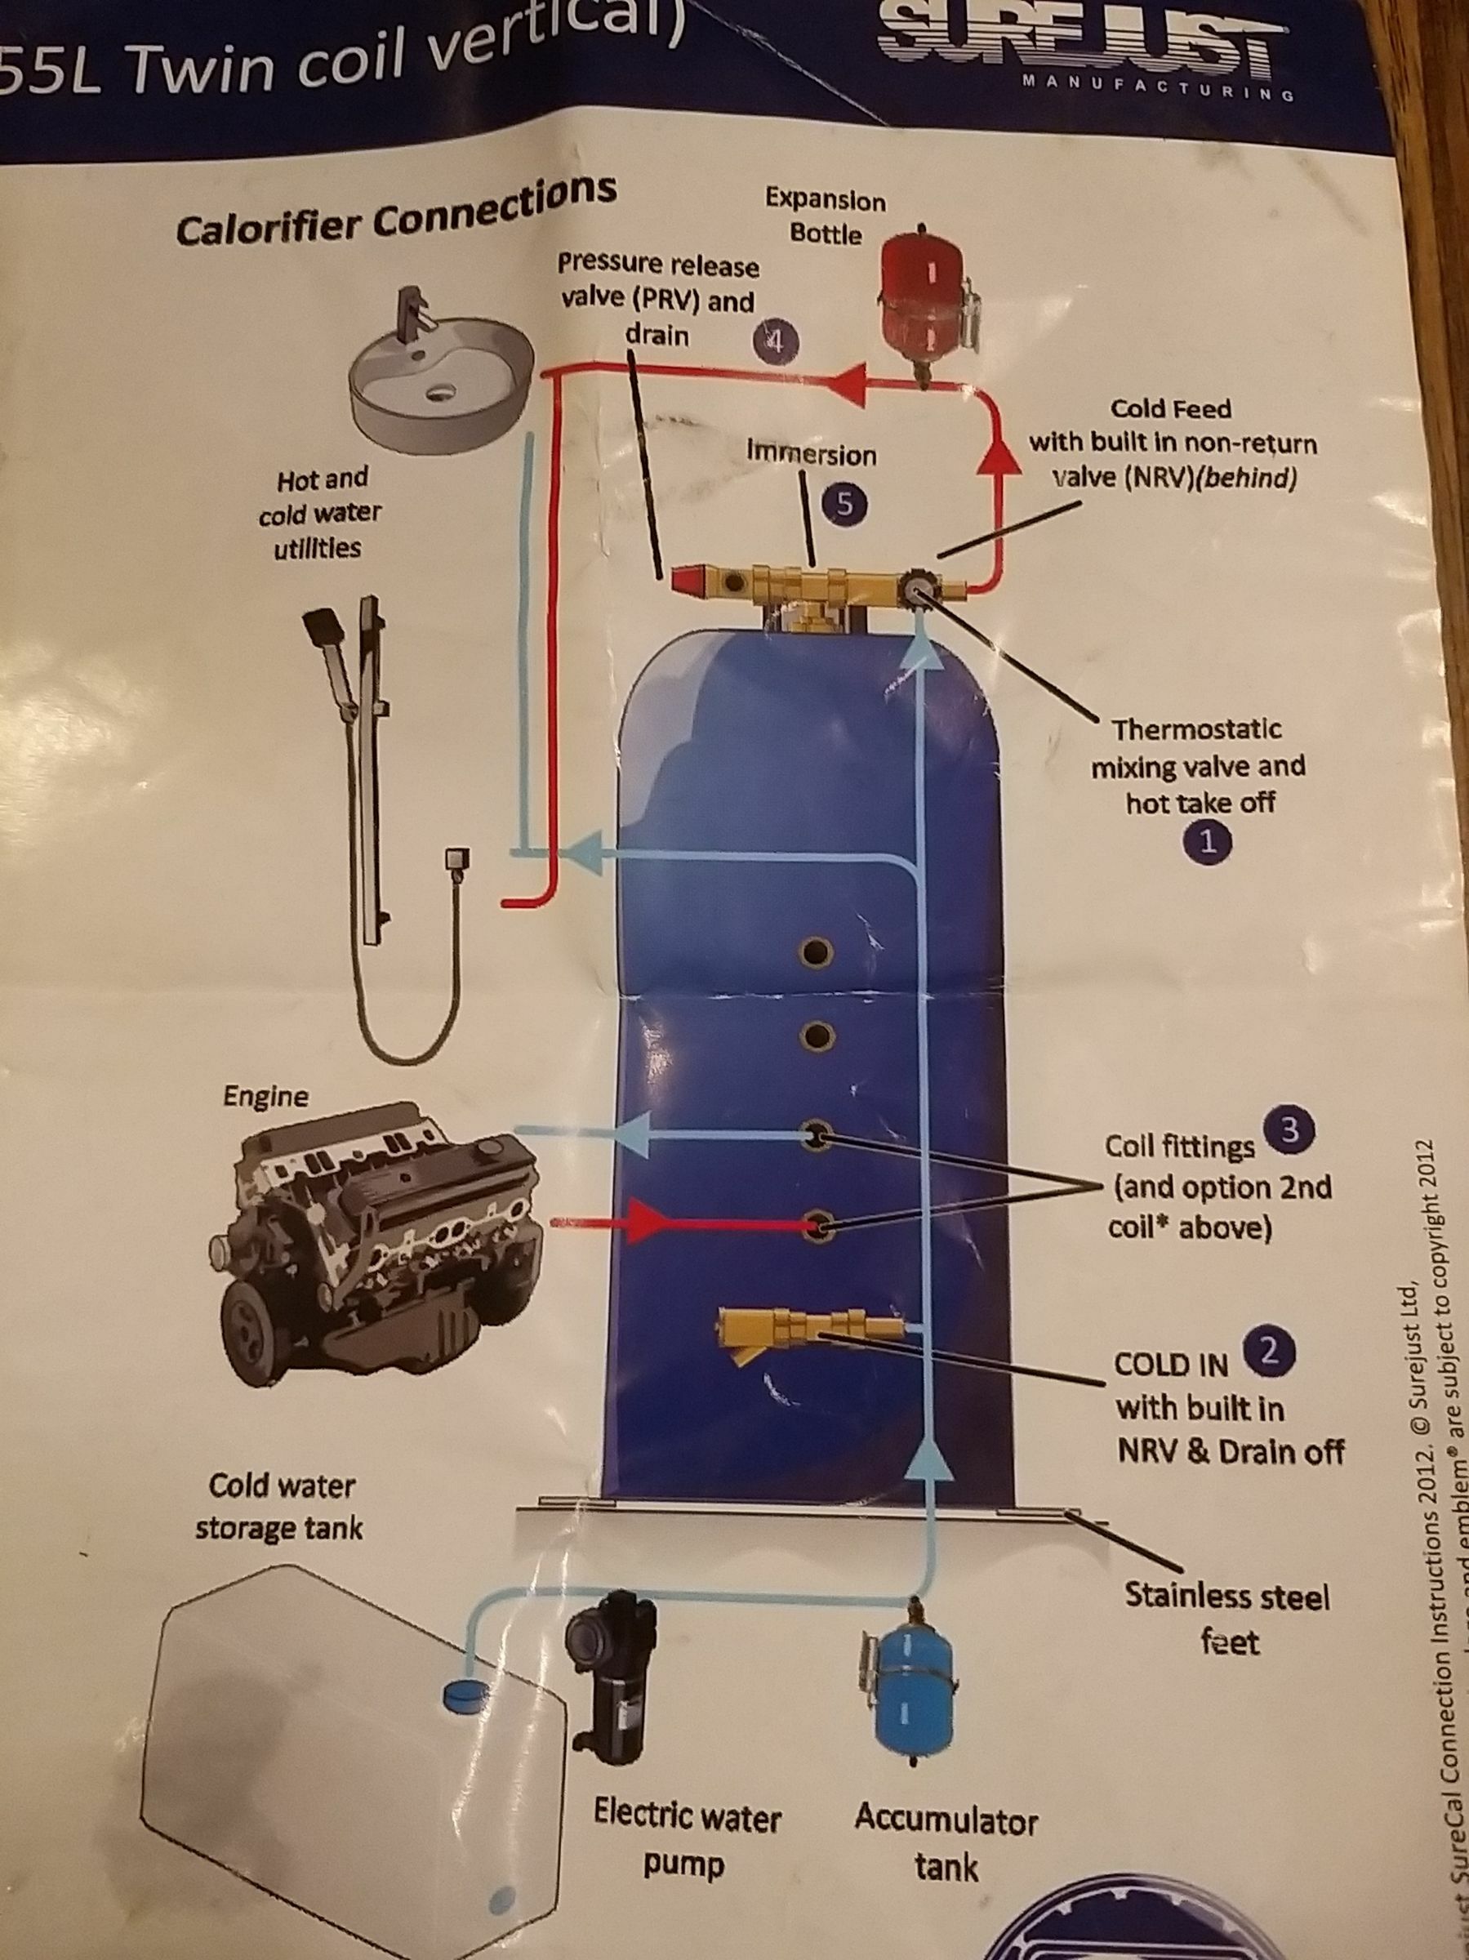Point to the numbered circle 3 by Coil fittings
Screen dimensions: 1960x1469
click(1290, 1129)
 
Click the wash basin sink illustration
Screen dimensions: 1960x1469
click(440, 363)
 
